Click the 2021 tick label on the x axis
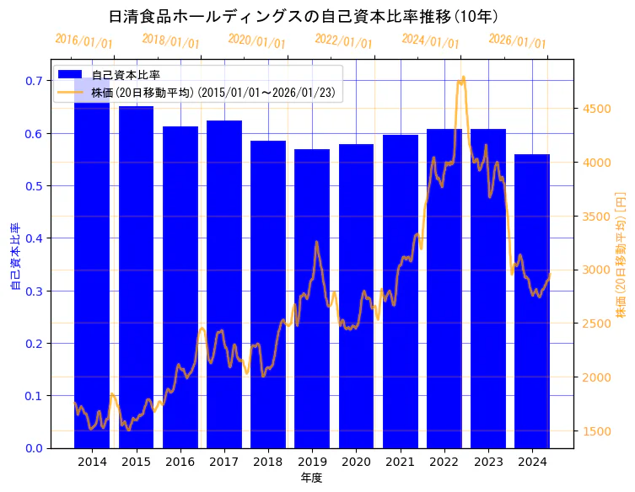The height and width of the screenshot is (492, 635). tap(400, 462)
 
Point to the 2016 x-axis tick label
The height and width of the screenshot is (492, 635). tap(180, 462)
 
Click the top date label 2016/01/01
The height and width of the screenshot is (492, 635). tap(83, 41)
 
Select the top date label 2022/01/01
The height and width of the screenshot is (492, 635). tap(343, 41)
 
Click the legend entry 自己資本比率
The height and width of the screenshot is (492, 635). tap(126, 76)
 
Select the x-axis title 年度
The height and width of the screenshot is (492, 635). tap(312, 478)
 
